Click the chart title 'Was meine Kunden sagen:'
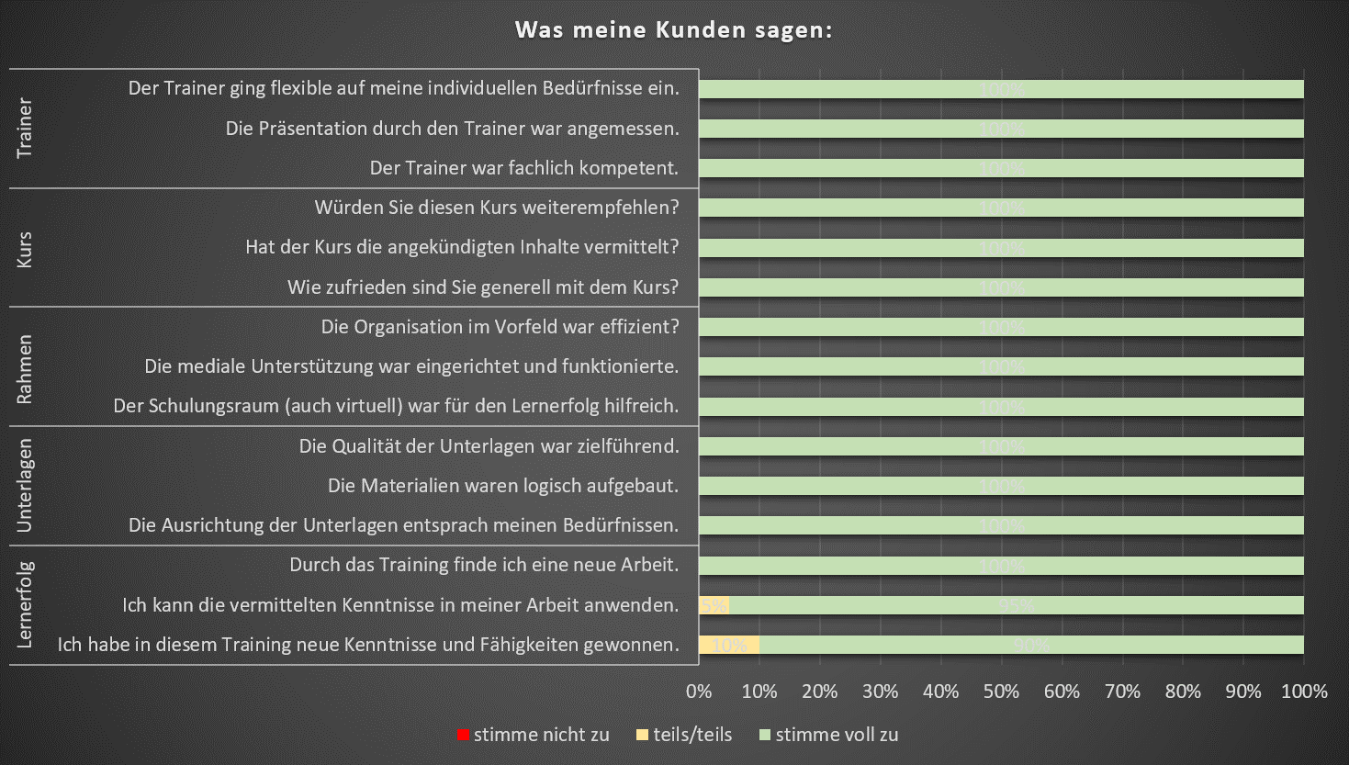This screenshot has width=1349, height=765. coord(673,29)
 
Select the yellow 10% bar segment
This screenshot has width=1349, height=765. coord(729,645)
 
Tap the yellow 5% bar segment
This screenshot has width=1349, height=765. coord(714,605)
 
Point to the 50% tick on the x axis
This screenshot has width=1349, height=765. coord(1001,692)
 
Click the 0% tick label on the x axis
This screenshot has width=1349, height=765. coord(699,692)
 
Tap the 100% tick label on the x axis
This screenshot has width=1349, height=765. coord(1304,692)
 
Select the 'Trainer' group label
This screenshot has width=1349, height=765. coord(25,128)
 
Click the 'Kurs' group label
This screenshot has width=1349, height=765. coord(25,248)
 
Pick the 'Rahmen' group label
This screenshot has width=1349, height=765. coord(25,367)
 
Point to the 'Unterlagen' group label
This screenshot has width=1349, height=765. coord(25,486)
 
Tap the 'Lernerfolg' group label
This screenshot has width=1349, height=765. coord(25,605)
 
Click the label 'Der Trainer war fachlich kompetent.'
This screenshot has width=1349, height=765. coord(524,168)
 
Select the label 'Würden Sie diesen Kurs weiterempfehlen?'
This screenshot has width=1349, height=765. coord(497,208)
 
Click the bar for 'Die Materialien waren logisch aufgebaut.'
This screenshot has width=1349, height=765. coord(1001,486)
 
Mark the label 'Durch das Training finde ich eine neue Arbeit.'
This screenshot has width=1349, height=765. coord(484,565)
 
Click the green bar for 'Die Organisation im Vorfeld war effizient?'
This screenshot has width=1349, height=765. coord(1001,327)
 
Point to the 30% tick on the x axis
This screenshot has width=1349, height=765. coord(880,692)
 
